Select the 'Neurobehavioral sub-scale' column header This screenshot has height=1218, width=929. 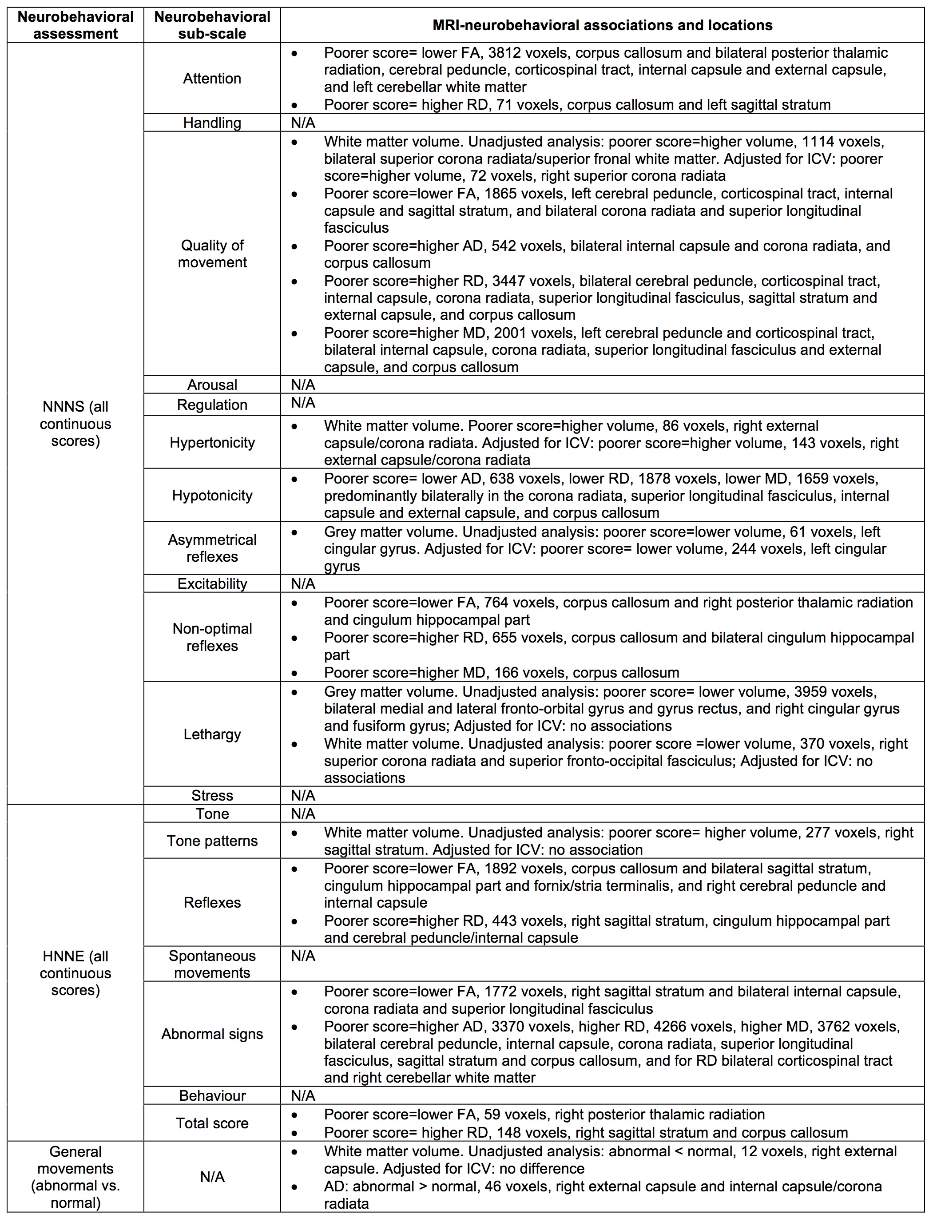[212, 25]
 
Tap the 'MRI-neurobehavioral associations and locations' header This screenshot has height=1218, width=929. [602, 25]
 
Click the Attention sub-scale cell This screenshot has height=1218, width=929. [212, 79]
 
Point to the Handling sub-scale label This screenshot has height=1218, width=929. [212, 123]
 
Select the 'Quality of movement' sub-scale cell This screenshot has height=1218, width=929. [212, 254]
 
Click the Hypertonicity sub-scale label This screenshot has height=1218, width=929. [212, 442]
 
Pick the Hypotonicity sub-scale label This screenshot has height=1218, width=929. [212, 496]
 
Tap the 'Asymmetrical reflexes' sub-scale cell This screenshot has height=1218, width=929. [212, 548]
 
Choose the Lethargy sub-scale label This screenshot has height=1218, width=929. [212, 734]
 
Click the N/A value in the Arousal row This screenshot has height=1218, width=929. [303, 385]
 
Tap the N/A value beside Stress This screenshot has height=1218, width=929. [303, 796]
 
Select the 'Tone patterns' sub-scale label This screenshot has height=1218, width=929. [212, 841]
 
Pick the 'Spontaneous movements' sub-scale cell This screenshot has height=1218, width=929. [212, 964]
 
